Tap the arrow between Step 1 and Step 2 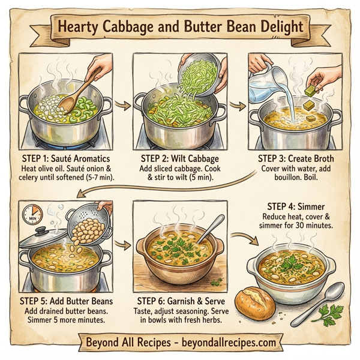(x=124, y=104)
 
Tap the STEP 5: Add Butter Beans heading (x=62, y=298)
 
